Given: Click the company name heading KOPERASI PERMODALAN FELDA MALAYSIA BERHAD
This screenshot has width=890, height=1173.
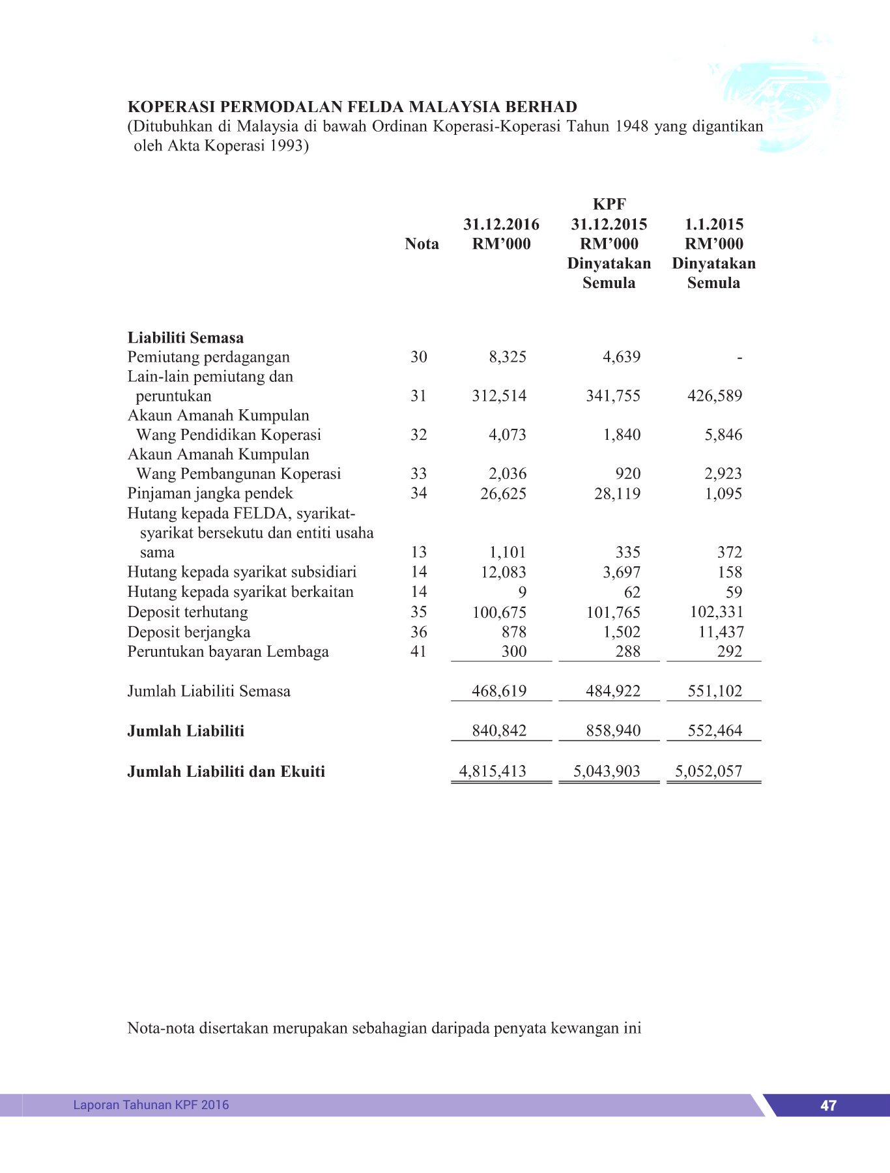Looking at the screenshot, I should tap(352, 107).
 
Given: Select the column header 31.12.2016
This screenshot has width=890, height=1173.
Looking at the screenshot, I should tap(501, 225).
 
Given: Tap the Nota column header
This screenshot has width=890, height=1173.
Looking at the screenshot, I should tap(422, 244).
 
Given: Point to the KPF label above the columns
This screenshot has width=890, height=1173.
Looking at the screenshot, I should tap(609, 205).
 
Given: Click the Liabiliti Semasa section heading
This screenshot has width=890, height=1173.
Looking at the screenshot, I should tap(186, 338).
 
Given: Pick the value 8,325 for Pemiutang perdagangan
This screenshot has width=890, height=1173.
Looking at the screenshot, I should tap(508, 357).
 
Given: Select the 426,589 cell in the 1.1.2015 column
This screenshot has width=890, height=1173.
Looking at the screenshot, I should tap(715, 396).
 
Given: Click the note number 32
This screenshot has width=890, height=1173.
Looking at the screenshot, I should tap(418, 435).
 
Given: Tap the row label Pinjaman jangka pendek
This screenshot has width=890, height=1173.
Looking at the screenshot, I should tap(210, 493).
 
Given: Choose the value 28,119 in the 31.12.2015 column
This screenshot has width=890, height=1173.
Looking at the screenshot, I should tap(617, 494).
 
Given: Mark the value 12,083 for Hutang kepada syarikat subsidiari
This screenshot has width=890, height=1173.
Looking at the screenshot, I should tap(503, 572).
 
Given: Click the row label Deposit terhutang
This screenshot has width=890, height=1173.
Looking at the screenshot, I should tap(188, 613).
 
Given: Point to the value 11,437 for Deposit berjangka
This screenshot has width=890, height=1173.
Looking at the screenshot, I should tap(721, 632).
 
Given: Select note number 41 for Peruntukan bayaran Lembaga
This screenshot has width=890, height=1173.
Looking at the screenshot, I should tap(418, 652).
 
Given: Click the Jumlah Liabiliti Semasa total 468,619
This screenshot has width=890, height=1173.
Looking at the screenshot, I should tap(499, 691).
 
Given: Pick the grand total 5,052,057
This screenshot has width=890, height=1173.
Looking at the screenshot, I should tap(708, 772).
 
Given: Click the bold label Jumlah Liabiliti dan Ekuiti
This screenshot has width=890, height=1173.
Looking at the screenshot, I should tap(226, 772).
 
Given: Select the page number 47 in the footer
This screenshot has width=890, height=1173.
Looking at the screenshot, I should tap(828, 1105).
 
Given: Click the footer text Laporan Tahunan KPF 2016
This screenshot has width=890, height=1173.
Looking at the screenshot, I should tap(151, 1105).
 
